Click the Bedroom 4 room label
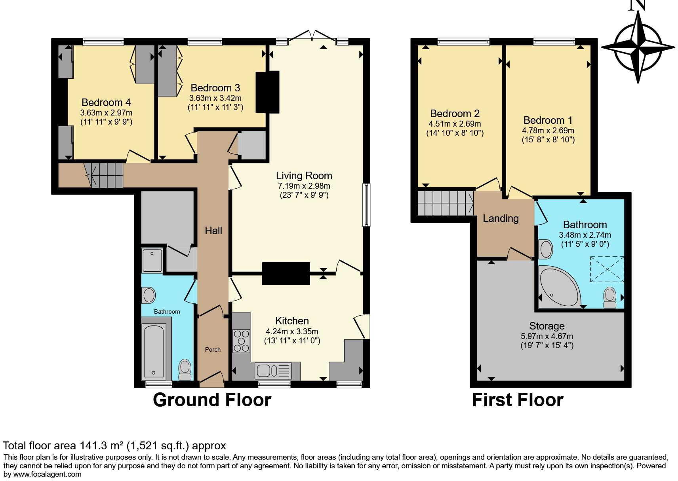[x=106, y=102]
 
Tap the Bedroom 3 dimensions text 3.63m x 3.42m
[x=215, y=98]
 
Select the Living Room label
[x=304, y=176]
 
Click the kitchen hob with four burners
[x=242, y=341]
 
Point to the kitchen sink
[x=273, y=371]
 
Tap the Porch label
[x=213, y=350]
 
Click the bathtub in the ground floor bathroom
[x=154, y=351]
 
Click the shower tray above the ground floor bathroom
[x=152, y=260]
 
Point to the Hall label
[x=213, y=231]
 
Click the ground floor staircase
[x=106, y=176]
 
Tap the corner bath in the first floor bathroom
[x=558, y=287]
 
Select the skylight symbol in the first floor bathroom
[x=607, y=269]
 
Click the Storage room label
[x=547, y=326]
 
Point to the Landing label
[x=501, y=218]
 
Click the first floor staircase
[x=445, y=203]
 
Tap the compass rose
[x=638, y=47]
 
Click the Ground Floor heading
[x=212, y=400]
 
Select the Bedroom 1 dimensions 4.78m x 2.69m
[x=548, y=131]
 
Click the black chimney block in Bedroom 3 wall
[x=267, y=92]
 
